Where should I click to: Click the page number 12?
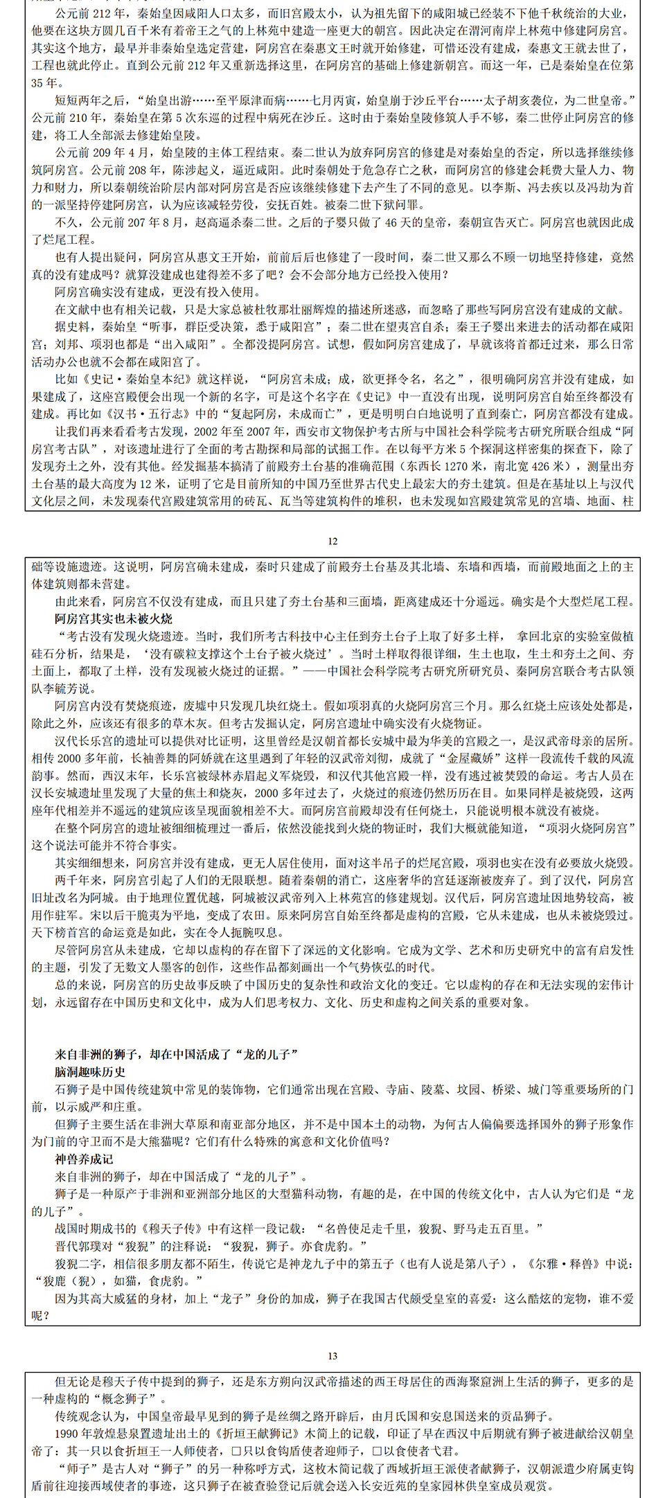332,541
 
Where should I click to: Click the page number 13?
332,1356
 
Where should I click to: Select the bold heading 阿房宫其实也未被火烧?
114,618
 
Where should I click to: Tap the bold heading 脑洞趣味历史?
90,1072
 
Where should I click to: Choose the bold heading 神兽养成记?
84,1159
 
